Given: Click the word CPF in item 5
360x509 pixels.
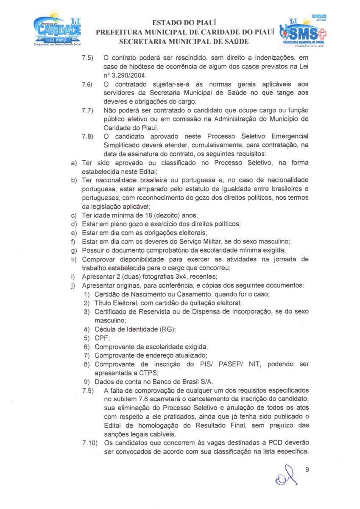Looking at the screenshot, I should (102, 338).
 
